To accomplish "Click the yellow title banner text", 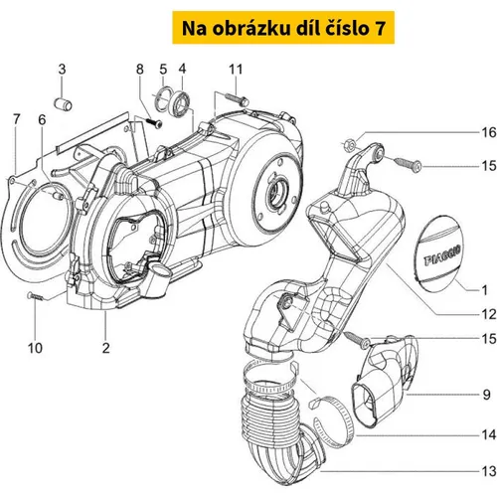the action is (283, 28).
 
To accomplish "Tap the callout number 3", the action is (62, 70).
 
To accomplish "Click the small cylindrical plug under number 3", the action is (63, 103).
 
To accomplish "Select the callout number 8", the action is (140, 70).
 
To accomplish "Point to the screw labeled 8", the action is (153, 122).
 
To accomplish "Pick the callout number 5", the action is (163, 70).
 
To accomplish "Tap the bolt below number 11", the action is (237, 98).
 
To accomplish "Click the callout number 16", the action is (489, 132).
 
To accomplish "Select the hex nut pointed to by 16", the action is (349, 144).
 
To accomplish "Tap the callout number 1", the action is (484, 290).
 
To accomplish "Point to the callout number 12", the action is (489, 314).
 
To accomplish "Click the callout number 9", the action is (486, 395).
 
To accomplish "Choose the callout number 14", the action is (489, 434).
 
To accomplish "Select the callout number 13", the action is (489, 471).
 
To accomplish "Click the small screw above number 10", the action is (35, 296).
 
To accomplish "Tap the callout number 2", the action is (105, 348).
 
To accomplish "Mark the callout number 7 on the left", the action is (16, 119).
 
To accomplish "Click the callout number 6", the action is (42, 119).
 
